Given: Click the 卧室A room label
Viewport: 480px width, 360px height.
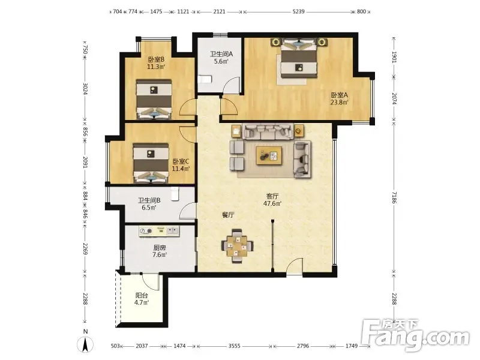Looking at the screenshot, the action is tap(339, 95).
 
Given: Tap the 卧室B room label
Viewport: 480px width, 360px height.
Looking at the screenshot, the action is tap(156, 59).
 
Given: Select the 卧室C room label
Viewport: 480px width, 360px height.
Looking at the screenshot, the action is tap(181, 161).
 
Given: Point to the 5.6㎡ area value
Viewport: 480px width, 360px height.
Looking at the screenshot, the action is tap(221, 61).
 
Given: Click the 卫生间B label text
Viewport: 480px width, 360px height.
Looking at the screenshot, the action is tap(149, 200).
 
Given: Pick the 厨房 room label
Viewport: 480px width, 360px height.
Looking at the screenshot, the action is tap(160, 248).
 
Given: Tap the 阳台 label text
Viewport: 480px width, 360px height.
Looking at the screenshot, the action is tap(142, 295).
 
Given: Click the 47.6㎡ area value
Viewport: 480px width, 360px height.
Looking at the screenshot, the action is tap(272, 203).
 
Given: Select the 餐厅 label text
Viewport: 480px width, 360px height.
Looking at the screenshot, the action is tap(228, 215).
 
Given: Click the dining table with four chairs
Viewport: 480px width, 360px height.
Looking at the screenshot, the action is tap(237, 246).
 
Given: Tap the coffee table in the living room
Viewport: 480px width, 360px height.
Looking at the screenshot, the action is tap(269, 155).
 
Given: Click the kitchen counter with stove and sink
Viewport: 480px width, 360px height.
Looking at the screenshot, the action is tap(159, 231).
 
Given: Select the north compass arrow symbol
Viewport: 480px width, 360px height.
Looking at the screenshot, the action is tap(85, 344).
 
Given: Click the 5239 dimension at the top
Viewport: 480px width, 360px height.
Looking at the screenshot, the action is tap(298, 11).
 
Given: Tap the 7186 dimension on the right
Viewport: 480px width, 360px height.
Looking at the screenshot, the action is tap(394, 197).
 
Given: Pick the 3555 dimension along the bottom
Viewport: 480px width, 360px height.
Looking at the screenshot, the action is tap(234, 346).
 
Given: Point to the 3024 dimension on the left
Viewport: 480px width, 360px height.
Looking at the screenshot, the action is tap(85, 89).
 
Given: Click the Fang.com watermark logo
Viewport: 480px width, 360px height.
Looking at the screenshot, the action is tap(416, 335).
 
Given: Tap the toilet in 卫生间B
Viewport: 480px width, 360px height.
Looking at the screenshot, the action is tap(175, 194).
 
